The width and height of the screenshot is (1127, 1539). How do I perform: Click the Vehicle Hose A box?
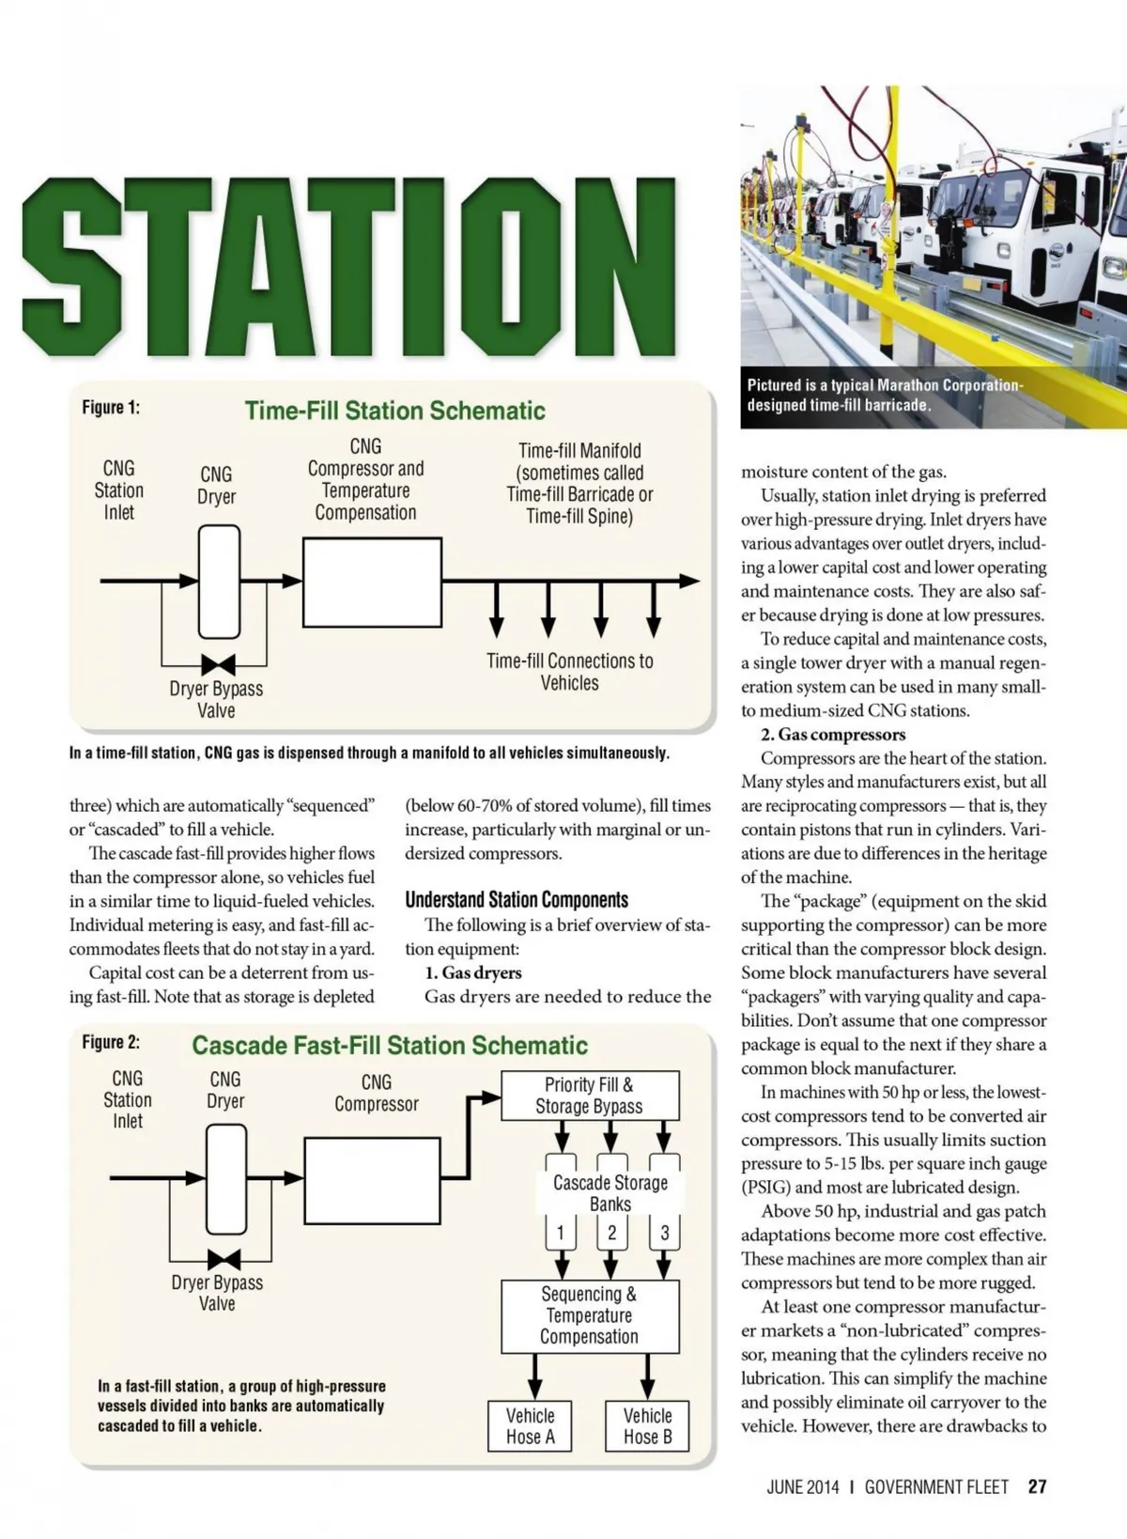click(x=530, y=1426)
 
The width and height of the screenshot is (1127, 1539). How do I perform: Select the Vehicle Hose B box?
click(x=647, y=1426)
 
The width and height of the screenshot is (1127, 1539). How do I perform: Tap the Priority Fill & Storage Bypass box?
click(x=589, y=1096)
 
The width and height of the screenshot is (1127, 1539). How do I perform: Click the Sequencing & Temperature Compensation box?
click(x=590, y=1315)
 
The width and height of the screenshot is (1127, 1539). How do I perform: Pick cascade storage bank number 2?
click(x=611, y=1233)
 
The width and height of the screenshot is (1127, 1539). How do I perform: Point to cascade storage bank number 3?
click(x=665, y=1233)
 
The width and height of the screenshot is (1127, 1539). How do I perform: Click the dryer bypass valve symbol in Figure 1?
click(x=218, y=665)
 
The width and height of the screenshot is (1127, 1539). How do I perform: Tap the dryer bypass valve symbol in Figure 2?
click(x=224, y=1259)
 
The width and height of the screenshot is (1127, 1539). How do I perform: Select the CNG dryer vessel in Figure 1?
click(x=219, y=582)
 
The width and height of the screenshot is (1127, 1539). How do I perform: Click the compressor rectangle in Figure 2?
click(x=372, y=1181)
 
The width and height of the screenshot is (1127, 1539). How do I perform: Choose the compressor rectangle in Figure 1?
click(x=372, y=582)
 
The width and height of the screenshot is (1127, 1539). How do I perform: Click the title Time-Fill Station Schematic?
click(x=394, y=411)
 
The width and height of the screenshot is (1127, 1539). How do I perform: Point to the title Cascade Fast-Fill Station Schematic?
click(x=390, y=1046)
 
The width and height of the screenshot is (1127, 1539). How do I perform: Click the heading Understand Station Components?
click(x=517, y=900)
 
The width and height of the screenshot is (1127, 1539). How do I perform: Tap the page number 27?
click(x=1037, y=1486)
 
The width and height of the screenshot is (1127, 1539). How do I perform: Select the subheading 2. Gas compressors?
click(x=833, y=735)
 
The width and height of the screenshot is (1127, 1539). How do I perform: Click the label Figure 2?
click(x=111, y=1042)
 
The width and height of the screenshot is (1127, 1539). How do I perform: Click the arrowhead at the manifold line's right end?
click(x=690, y=582)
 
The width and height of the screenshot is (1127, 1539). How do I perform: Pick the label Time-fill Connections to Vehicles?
click(x=569, y=672)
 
